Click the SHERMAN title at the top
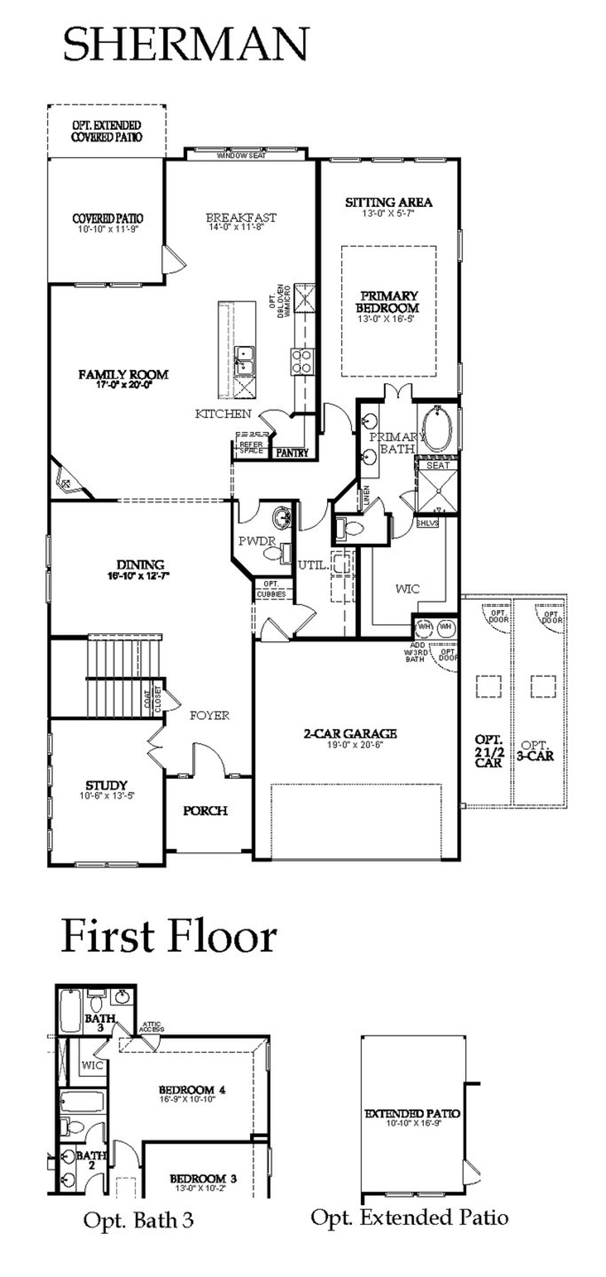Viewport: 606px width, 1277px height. [187, 45]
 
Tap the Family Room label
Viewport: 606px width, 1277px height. [124, 375]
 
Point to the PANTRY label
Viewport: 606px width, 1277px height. [292, 453]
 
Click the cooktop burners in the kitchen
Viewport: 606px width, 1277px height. [301, 361]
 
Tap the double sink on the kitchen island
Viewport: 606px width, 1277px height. [244, 361]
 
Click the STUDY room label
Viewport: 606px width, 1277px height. [107, 785]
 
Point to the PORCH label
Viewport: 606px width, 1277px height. [205, 811]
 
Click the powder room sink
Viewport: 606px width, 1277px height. [283, 517]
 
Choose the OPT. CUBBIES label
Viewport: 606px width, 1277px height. [271, 589]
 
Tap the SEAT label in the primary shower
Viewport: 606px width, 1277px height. [437, 465]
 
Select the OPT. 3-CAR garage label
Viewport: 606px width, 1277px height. [535, 751]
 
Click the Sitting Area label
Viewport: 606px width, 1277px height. [389, 202]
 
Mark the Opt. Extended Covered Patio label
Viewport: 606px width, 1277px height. [107, 131]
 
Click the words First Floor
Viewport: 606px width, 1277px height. [169, 936]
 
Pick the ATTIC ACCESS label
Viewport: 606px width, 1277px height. [151, 1027]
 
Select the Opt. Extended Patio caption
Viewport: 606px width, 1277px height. [409, 1217]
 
